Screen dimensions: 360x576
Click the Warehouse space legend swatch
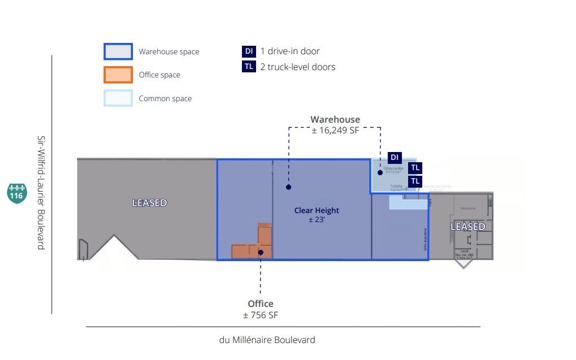coord(118,51)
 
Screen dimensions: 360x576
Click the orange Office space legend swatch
coord(118,75)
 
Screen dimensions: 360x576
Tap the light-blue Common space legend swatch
coord(118,98)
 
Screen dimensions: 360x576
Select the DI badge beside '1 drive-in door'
coord(249,51)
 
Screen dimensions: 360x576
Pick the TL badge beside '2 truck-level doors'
coord(249,67)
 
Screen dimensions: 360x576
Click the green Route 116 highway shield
coord(16,192)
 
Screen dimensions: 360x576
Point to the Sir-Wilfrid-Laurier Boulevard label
coord(41,192)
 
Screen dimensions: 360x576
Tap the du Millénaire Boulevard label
coord(267,340)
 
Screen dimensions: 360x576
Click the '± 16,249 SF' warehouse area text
coord(335,131)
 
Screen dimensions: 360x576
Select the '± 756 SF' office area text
coord(261,315)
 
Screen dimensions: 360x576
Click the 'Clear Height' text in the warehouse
coord(317,210)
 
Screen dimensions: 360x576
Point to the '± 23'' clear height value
coord(317,220)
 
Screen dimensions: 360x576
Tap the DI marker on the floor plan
coord(395,157)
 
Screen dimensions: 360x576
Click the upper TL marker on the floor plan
coord(415,167)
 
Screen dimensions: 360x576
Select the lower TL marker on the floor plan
coord(415,181)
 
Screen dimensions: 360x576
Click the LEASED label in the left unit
coord(149,202)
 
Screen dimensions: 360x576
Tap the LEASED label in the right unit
coord(467,226)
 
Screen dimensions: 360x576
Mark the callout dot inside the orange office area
coord(261,252)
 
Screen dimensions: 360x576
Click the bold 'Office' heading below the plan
coord(261,303)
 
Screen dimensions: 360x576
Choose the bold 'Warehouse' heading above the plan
coord(335,119)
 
